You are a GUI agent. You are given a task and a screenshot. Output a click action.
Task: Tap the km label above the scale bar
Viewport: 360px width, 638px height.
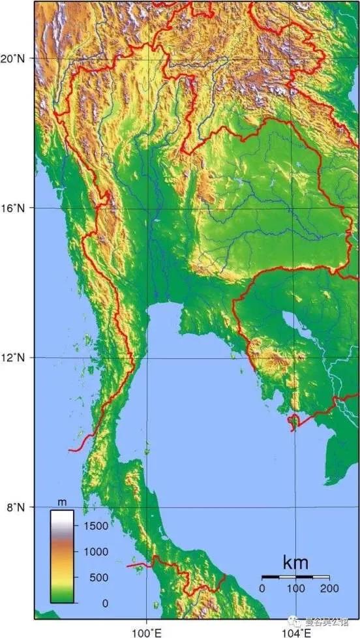coord(295,562)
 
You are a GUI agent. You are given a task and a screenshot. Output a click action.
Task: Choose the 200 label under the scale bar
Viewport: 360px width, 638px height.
coord(330,588)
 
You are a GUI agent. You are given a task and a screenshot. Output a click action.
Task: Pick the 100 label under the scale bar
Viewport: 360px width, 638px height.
coord(296,588)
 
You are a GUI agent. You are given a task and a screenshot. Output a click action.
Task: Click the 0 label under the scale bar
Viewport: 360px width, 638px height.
coord(262,588)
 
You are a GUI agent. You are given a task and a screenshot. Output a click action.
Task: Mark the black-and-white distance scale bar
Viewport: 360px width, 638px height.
coord(295,577)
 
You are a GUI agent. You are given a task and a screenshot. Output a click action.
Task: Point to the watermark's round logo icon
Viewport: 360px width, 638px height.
coord(299,622)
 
